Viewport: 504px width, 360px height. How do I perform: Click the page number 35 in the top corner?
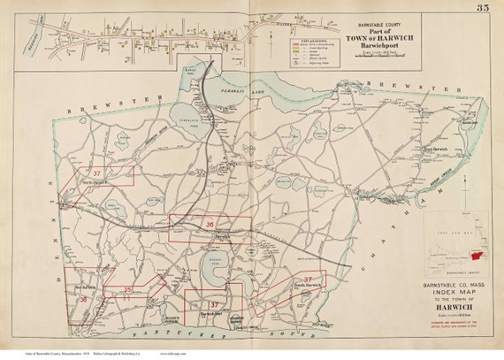482,8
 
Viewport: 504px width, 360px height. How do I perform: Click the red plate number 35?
127,289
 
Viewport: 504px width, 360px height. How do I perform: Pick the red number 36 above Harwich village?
210,226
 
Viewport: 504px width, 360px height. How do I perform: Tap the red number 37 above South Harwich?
309,279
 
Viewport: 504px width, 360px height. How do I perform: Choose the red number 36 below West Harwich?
83,300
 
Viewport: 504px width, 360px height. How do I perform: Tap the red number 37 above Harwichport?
213,304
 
